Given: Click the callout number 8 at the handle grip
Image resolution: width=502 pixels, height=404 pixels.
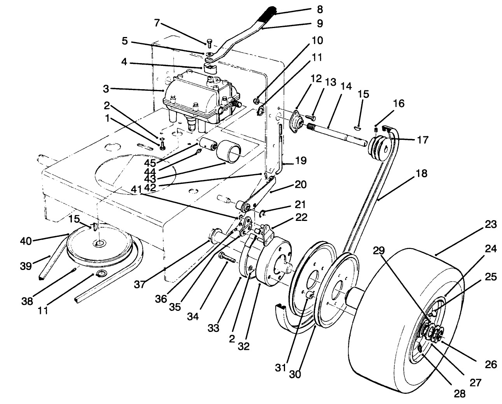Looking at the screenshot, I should (320, 9).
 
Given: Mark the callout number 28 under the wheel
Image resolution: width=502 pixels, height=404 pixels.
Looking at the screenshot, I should (460, 393).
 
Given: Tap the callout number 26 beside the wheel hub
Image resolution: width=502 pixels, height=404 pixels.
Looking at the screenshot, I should (491, 364).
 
